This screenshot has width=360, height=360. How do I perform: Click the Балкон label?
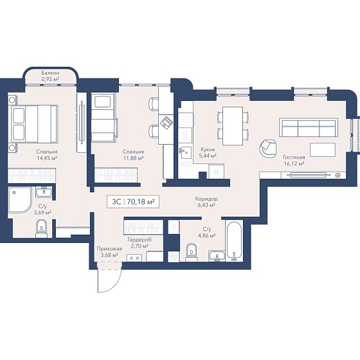(50, 73)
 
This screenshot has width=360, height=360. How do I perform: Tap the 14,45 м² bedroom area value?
(47, 158)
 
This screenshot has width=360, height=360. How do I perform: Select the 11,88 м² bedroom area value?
(134, 158)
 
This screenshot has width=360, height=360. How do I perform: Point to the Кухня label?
(208, 149)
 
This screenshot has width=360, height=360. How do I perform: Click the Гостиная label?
(294, 157)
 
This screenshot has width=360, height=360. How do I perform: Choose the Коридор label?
(206, 199)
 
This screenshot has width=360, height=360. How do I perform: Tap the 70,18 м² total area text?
(141, 202)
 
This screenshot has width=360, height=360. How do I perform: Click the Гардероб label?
(139, 240)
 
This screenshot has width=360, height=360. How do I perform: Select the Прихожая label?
(109, 249)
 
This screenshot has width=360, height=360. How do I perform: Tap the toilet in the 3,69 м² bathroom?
(42, 228)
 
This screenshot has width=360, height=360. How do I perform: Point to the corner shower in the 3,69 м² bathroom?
(20, 200)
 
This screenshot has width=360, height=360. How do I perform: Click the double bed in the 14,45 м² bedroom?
(35, 123)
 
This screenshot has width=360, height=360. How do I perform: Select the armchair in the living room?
(268, 148)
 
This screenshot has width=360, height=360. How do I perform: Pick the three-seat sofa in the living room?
(309, 128)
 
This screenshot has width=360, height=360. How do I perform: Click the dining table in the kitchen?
(233, 126)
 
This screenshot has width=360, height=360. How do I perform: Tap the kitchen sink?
(185, 153)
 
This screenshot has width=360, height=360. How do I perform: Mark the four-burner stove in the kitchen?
(186, 120)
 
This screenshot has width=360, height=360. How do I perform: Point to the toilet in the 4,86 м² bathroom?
(192, 252)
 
